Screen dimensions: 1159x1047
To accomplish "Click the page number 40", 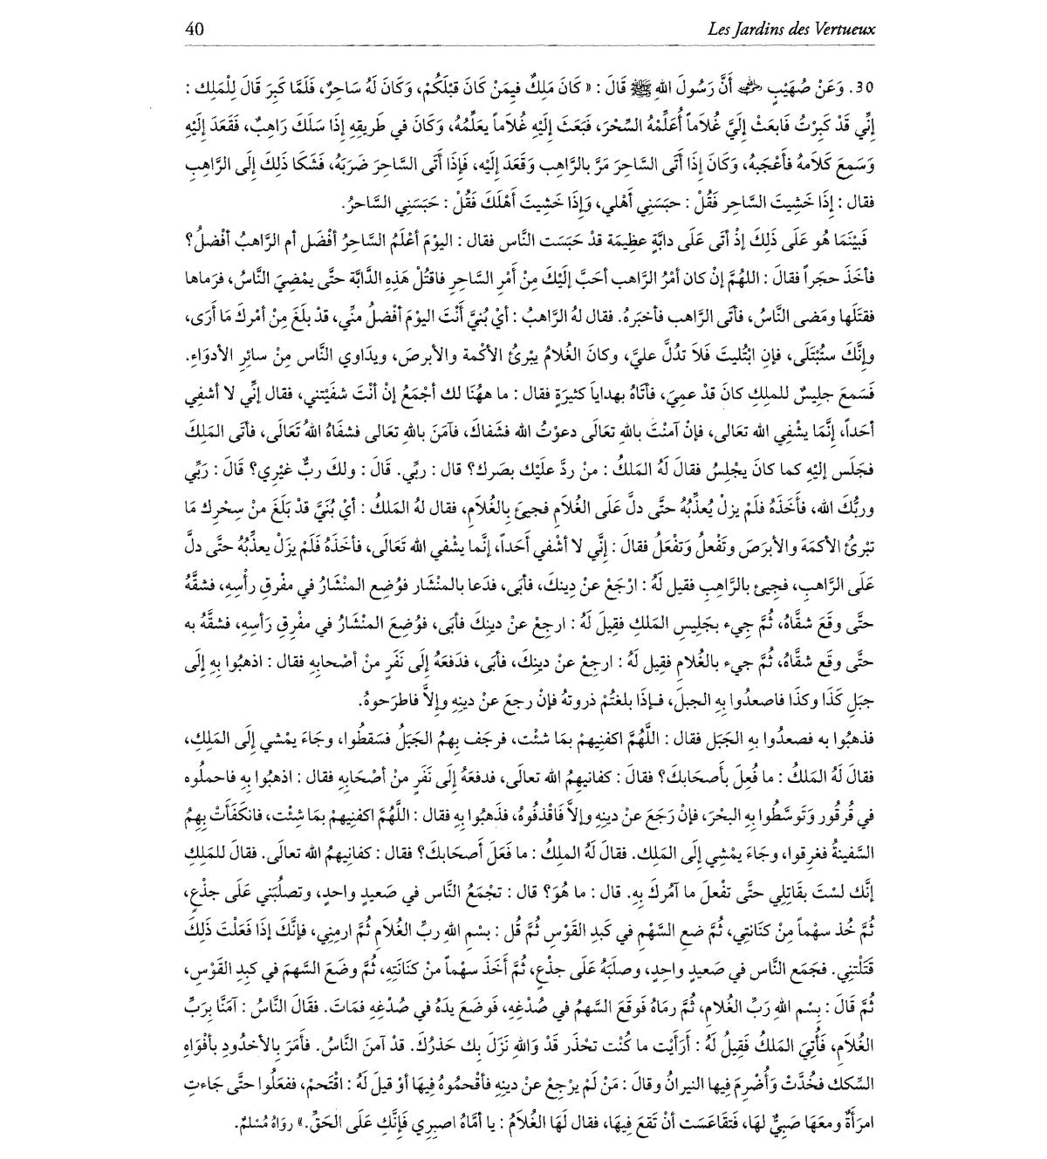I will (194, 29).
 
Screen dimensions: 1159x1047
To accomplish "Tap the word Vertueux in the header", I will (845, 30).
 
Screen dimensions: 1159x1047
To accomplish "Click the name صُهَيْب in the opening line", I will (782, 89).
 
